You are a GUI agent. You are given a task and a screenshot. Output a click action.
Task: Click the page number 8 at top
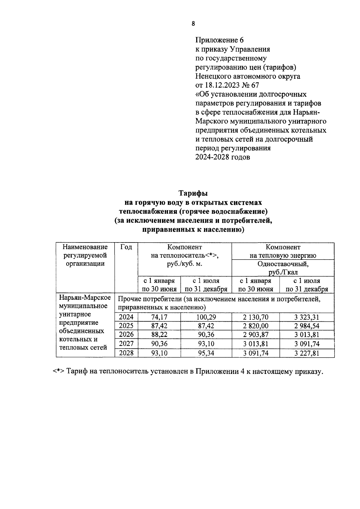[193, 24]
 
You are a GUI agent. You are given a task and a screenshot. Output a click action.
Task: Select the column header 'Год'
[126, 247]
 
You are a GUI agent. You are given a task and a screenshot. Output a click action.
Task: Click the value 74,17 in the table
[159, 317]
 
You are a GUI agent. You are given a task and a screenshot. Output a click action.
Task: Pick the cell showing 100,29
[206, 317]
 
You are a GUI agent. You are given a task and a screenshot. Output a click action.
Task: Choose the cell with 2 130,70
[256, 317]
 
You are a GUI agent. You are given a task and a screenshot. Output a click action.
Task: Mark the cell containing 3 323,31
[307, 317]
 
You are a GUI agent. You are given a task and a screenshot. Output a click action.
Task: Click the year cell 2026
[126, 335]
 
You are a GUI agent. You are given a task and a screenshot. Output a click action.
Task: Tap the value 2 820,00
[256, 326]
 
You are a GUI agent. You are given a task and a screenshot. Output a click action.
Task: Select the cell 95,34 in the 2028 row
[206, 353]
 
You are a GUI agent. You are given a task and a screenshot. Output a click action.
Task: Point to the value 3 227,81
[307, 353]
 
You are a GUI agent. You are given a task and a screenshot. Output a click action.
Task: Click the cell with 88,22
[159, 335]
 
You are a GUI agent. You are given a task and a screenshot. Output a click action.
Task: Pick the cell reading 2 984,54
[307, 326]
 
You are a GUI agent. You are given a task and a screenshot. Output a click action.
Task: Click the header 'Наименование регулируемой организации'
[85, 255]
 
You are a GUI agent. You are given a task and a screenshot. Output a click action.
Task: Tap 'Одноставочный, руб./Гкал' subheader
[283, 268]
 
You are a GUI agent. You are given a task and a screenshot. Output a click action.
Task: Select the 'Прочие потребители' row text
[219, 303]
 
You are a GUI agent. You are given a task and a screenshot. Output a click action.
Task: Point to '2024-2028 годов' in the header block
[223, 157]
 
